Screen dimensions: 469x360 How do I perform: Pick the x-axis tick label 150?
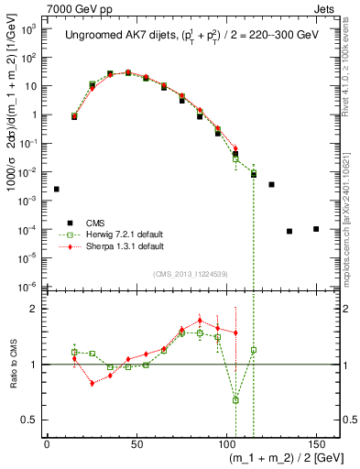[316, 442]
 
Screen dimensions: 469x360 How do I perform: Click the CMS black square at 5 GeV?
[56, 189]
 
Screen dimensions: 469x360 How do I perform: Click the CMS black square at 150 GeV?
[316, 229]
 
